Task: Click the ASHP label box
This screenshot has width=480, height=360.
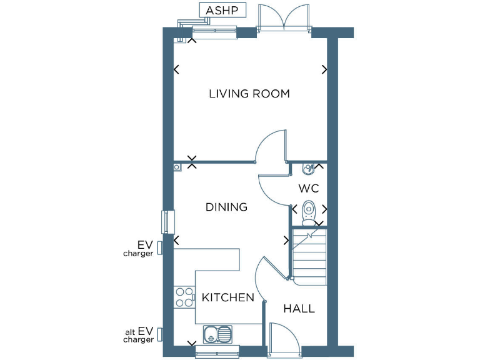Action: point(222,11)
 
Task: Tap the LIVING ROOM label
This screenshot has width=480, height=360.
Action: point(249,94)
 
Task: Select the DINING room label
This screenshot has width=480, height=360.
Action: point(226,207)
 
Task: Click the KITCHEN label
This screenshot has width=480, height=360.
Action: point(227,297)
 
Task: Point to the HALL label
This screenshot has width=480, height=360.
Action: point(299,309)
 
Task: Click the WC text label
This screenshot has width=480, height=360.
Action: point(308,188)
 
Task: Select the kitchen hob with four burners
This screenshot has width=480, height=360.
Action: point(184,297)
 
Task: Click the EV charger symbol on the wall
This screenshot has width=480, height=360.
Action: point(160,248)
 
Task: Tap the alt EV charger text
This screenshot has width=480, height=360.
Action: point(138,335)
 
